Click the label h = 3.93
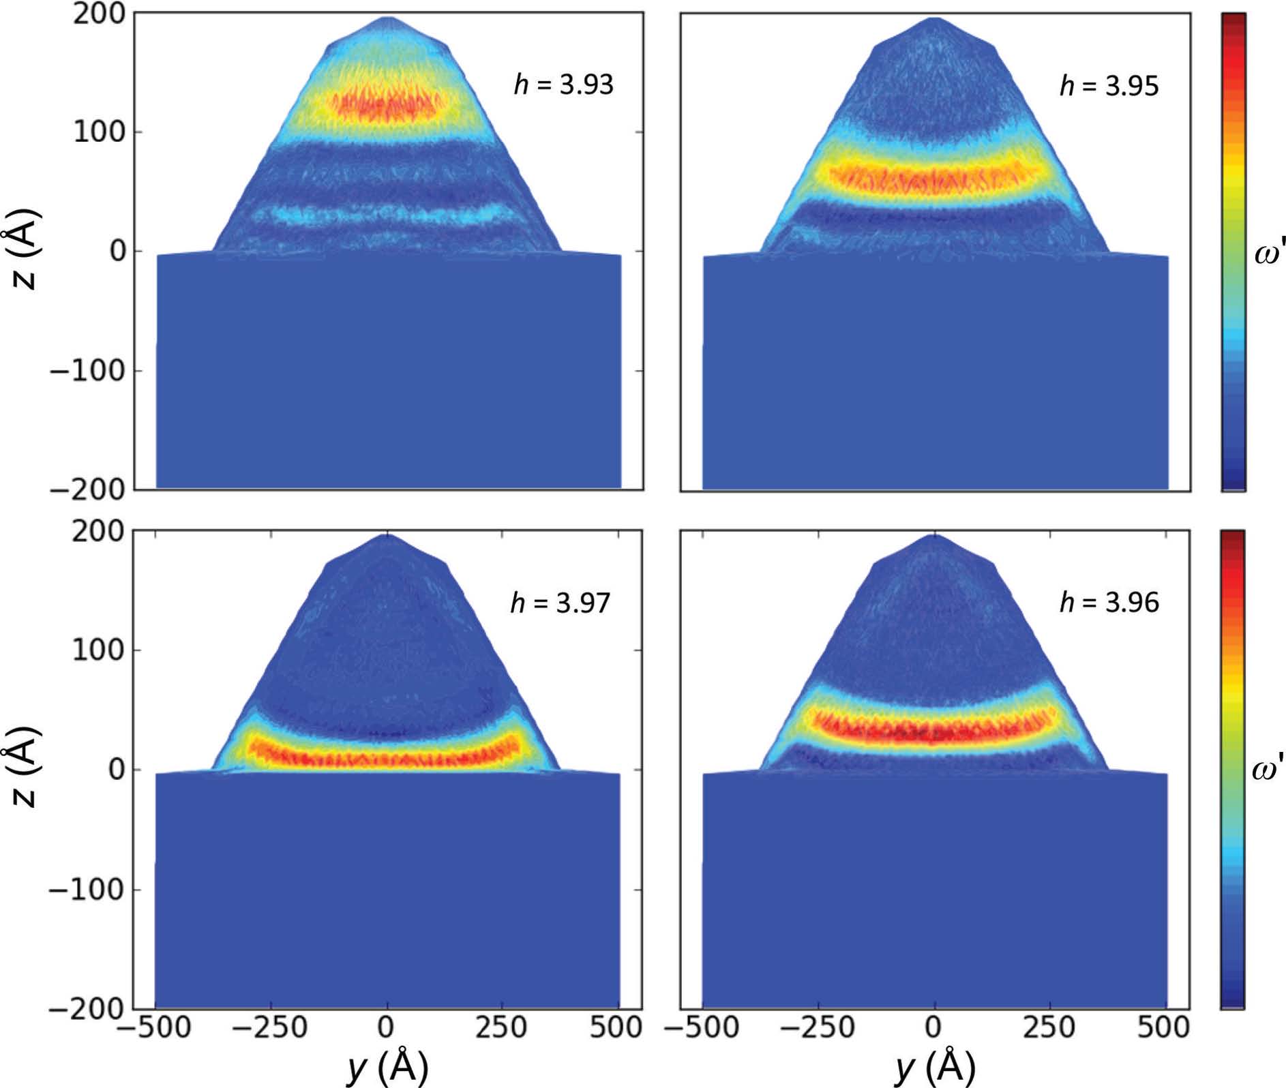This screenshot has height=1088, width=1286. click(x=563, y=85)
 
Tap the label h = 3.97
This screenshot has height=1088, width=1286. click(x=560, y=603)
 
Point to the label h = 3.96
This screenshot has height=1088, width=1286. click(x=1109, y=603)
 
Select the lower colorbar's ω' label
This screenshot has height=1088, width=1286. click(x=1268, y=770)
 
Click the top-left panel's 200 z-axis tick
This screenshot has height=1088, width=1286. click(x=100, y=15)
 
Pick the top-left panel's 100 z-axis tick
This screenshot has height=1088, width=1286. click(x=100, y=132)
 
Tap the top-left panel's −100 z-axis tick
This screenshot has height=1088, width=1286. click(x=87, y=371)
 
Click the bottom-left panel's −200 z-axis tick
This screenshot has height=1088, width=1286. click(x=87, y=1008)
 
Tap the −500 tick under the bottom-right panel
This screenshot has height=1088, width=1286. click(x=702, y=1028)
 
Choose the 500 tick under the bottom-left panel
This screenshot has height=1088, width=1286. click(x=616, y=1028)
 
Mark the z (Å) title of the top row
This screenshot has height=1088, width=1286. click(x=25, y=251)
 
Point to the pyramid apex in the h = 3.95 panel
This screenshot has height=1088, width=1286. click(x=936, y=18)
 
